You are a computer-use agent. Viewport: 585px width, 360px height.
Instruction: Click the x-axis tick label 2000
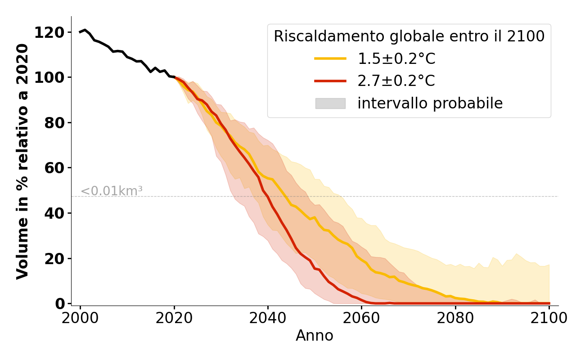point(80,318)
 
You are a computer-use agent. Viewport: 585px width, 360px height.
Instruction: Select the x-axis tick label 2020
point(174,318)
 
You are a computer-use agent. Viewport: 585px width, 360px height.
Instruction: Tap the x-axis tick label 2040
point(268,318)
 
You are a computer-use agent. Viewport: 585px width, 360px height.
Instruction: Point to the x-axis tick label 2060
point(361,318)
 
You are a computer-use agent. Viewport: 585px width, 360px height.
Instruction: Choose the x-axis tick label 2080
point(455,318)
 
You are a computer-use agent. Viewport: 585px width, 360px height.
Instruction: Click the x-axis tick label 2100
point(549,318)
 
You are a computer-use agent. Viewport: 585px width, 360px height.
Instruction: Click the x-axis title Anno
point(315,336)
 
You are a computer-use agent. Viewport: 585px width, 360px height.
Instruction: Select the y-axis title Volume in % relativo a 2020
point(22,161)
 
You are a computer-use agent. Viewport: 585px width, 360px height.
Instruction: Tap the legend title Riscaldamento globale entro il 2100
point(409,36)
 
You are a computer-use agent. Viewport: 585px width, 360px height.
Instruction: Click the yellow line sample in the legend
point(330,58)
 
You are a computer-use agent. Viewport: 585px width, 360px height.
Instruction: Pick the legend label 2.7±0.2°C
point(396,81)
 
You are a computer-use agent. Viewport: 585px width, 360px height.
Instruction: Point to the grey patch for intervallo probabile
point(330,103)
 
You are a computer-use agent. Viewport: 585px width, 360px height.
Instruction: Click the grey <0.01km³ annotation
point(112,191)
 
